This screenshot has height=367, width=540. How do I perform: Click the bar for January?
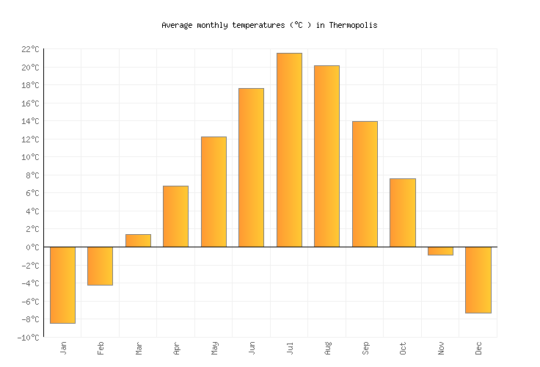(x=62, y=285)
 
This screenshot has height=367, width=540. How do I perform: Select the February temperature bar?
(x=100, y=266)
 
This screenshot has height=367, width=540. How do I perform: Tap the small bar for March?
(x=138, y=241)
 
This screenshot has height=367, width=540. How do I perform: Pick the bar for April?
(x=175, y=217)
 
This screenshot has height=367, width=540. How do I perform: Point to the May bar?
(x=214, y=192)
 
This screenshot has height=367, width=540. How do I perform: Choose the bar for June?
(x=251, y=167)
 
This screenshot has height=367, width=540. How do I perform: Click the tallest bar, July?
(x=289, y=150)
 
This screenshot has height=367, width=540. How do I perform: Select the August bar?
(x=326, y=156)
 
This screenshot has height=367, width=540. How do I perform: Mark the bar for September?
(x=365, y=184)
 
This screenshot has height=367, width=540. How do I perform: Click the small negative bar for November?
(x=440, y=251)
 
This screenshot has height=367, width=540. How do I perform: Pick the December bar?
(x=478, y=280)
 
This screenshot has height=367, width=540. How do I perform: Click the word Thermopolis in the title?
(x=353, y=25)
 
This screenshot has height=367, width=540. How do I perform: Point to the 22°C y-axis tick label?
(x=30, y=49)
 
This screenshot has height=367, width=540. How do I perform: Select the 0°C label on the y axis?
(x=33, y=247)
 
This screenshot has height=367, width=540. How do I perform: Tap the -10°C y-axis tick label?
(x=29, y=338)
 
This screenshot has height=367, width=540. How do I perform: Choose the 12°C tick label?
(x=30, y=139)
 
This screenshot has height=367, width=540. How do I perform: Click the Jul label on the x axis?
(x=290, y=347)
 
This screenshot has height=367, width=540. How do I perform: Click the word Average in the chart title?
(x=177, y=25)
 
